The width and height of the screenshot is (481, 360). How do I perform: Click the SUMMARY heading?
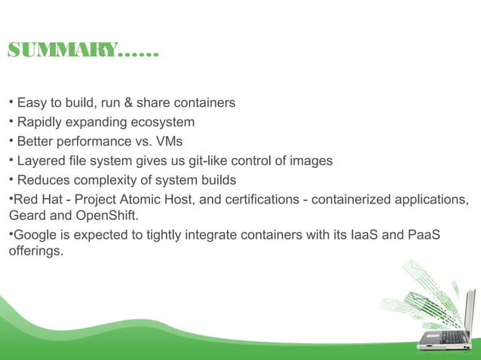point(83,52)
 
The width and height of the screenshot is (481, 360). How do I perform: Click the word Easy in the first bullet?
point(32,102)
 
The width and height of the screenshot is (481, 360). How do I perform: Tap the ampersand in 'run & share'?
point(127,102)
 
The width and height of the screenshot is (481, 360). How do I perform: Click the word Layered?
point(41,161)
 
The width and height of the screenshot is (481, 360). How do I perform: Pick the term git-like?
point(217,161)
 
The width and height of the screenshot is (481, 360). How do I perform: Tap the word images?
point(310,161)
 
